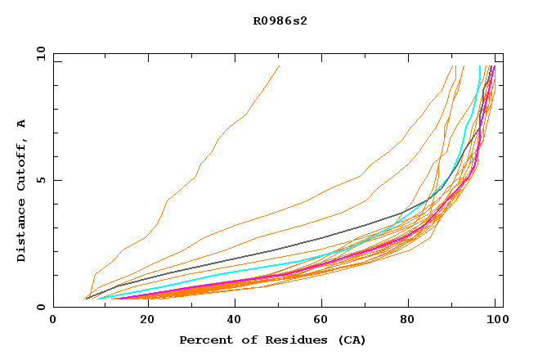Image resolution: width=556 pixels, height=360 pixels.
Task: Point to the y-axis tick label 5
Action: point(43,180)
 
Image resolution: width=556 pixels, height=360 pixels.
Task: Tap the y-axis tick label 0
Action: point(43,307)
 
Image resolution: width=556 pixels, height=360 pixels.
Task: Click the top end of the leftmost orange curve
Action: point(279,66)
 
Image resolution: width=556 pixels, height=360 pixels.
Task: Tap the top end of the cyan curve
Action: point(479,66)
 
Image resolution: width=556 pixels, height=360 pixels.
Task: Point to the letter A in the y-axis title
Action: point(22,124)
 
